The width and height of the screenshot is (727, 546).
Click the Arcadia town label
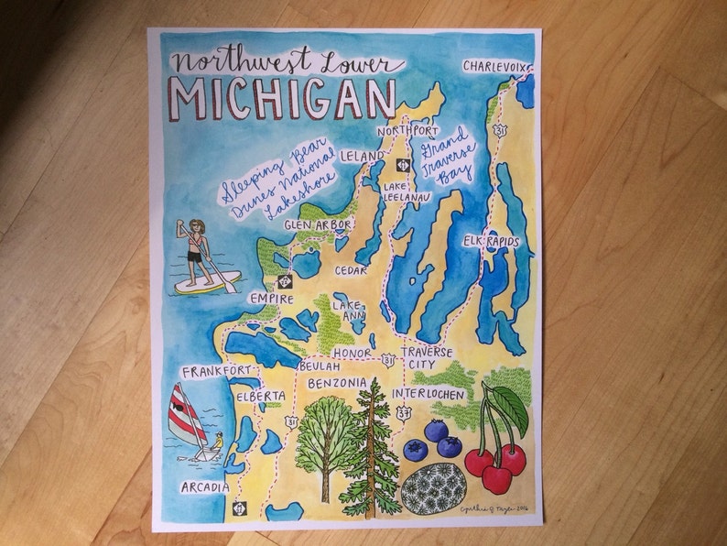[204, 486]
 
